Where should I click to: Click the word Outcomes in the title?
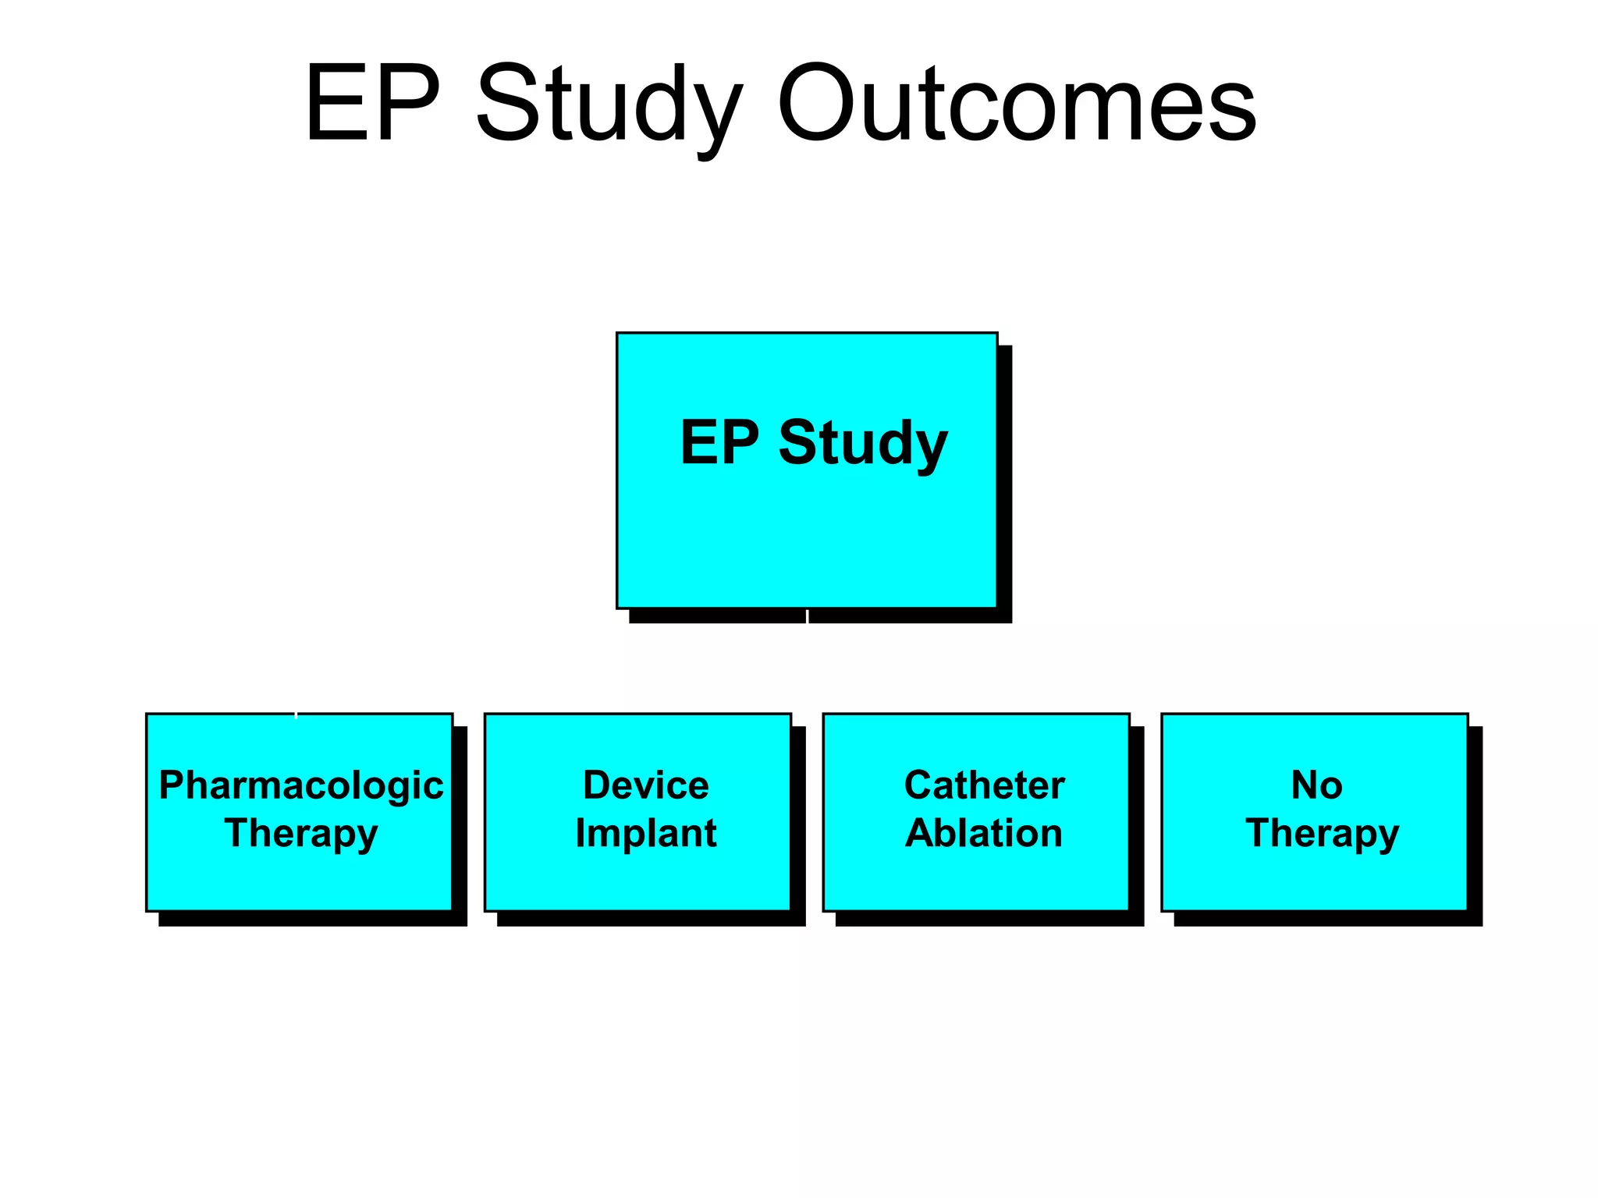click(1016, 103)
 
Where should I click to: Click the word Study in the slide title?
click(609, 103)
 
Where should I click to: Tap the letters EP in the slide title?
click(373, 103)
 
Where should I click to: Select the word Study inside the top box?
click(863, 443)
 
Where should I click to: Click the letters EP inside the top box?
click(719, 443)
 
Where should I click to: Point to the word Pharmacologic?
click(301, 785)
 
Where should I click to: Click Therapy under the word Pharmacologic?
click(301, 833)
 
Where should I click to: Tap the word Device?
click(646, 785)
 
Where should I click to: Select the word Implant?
click(646, 833)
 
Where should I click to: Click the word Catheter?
click(984, 785)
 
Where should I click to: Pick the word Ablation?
click(984, 833)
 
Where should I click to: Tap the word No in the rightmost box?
click(1317, 785)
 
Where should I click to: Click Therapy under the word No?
click(1323, 833)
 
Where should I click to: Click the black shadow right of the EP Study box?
click(1005, 484)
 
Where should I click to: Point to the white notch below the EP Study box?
click(807, 616)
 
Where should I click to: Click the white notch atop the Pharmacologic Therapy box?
click(296, 714)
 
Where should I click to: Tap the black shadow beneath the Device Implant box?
click(652, 919)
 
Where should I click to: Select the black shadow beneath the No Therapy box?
click(1328, 919)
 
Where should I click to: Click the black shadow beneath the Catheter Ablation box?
click(989, 919)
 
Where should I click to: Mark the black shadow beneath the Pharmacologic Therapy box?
click(312, 919)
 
